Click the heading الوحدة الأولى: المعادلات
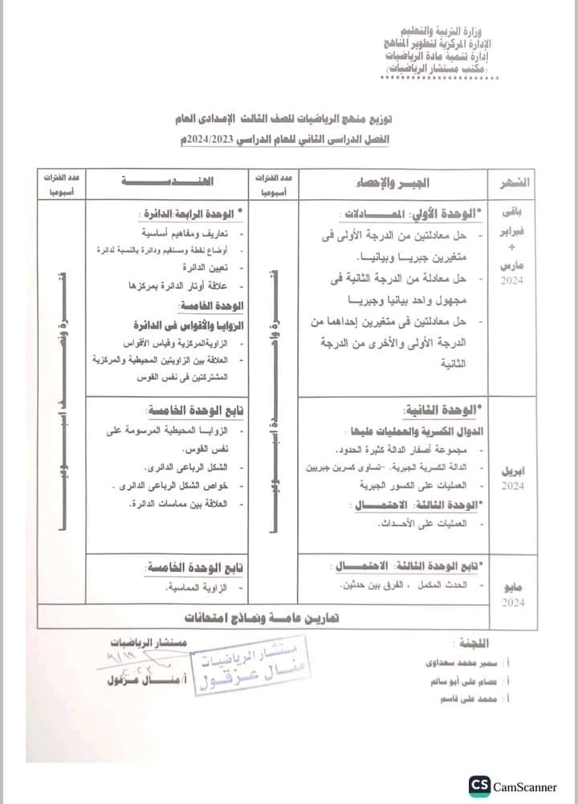[x=411, y=214]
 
